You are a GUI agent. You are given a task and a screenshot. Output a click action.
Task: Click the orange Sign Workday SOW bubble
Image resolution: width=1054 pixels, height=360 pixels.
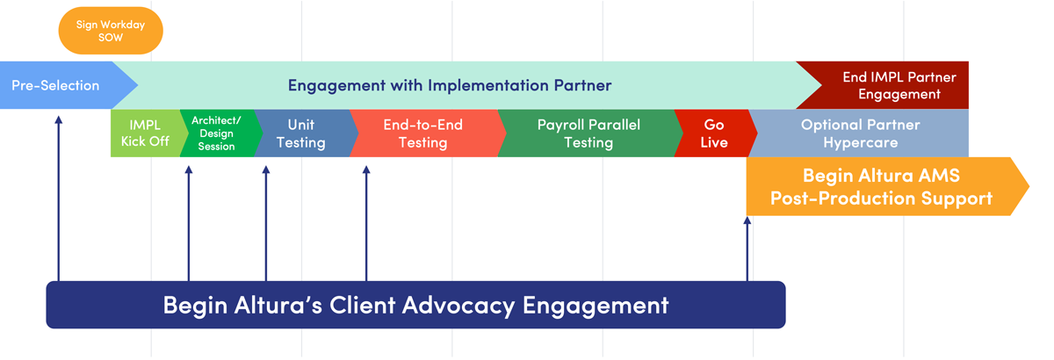click(x=111, y=31)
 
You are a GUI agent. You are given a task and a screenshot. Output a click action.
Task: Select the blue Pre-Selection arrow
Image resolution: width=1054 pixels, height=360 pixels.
click(x=66, y=85)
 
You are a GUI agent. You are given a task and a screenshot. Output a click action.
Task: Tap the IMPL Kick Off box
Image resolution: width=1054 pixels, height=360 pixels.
click(x=145, y=133)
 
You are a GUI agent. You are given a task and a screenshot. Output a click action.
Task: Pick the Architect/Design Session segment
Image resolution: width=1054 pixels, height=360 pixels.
click(x=216, y=133)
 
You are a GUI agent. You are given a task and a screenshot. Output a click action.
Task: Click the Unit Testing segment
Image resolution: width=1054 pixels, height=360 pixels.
click(x=304, y=133)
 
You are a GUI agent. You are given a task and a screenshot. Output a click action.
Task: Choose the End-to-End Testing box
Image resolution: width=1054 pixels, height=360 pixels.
click(x=426, y=133)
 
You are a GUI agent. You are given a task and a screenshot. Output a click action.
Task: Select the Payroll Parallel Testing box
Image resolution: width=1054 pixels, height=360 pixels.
click(x=589, y=133)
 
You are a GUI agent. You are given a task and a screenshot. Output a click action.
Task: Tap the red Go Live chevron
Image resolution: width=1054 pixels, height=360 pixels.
click(x=715, y=133)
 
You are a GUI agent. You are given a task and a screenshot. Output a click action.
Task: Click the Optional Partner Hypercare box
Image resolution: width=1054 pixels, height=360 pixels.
click(x=860, y=133)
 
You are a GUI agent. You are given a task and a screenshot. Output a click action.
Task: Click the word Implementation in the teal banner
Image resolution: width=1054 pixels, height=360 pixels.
click(x=488, y=86)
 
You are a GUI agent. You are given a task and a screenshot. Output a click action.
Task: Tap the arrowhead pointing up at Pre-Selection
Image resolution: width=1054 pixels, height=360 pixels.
click(x=58, y=119)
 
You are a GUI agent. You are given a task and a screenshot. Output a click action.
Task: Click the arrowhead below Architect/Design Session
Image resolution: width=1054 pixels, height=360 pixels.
click(x=189, y=169)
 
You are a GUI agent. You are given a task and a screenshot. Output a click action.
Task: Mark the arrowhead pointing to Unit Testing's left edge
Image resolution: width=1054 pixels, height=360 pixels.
click(x=266, y=169)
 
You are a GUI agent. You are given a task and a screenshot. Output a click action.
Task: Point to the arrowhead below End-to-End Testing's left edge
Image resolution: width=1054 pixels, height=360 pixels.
click(x=366, y=169)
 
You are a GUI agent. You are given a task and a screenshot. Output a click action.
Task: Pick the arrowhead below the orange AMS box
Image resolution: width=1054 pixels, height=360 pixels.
click(x=747, y=220)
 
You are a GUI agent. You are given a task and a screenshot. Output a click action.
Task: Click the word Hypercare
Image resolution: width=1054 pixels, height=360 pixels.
click(x=861, y=142)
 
